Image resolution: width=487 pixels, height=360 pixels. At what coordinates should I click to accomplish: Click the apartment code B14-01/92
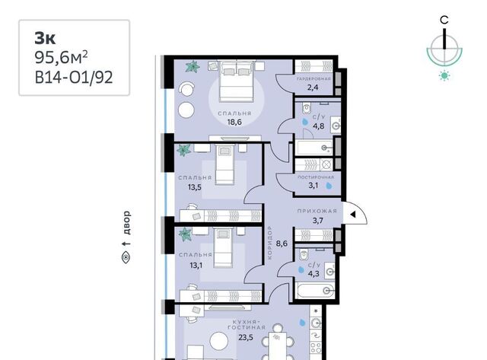tap(74, 78)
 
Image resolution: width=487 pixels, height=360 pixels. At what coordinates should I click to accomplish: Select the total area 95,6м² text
tap(61, 58)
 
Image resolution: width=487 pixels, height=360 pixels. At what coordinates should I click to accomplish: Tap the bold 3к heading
tap(45, 38)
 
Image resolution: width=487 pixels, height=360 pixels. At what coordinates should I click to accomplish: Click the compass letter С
tap(444, 20)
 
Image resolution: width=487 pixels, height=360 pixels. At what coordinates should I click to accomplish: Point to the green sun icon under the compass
tap(444, 75)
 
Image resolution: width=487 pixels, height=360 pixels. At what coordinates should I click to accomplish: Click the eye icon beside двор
tap(126, 257)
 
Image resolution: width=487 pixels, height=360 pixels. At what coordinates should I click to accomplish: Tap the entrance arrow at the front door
tap(352, 215)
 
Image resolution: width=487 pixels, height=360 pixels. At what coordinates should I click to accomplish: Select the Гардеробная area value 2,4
tap(313, 88)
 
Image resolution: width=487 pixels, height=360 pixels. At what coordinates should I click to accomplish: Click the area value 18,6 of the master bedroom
tap(234, 122)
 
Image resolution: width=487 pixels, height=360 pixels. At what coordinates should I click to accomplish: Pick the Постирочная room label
tap(316, 177)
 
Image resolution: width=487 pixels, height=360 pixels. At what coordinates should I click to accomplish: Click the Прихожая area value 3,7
tap(317, 221)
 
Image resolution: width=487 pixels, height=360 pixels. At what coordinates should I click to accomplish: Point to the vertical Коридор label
tap(269, 243)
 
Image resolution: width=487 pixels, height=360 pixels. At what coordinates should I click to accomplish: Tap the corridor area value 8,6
tap(282, 244)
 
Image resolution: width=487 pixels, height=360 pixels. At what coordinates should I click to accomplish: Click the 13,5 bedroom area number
tap(195, 187)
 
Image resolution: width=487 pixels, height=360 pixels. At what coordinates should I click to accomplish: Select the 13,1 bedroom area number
tap(196, 265)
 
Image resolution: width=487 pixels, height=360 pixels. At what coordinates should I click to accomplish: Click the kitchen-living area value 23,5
tap(246, 337)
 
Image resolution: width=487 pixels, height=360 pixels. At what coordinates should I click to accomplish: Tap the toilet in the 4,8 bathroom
tap(307, 108)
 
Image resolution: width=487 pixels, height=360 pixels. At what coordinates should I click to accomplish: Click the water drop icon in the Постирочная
tap(329, 186)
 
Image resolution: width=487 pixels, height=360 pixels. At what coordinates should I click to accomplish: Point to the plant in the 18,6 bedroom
tap(193, 66)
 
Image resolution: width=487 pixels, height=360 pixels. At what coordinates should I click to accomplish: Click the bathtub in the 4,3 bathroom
tap(314, 291)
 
